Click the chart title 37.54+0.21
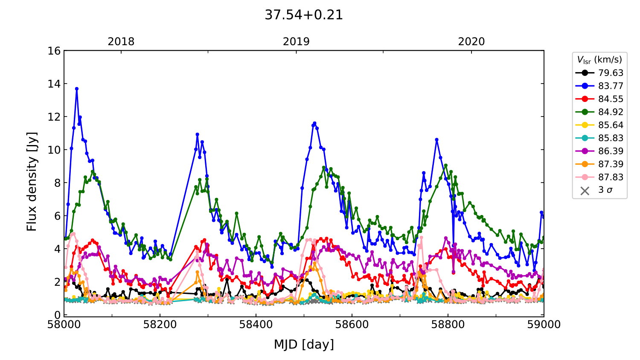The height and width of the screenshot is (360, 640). [x=303, y=15]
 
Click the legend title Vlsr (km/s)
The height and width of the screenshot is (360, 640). [x=599, y=60]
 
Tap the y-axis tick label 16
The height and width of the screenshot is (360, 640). [x=54, y=51]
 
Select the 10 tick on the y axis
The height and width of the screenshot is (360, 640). [x=54, y=150]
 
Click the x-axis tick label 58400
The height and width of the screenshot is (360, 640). [x=256, y=325]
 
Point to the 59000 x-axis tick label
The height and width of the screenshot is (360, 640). [x=544, y=325]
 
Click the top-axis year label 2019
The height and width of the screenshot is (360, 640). [x=296, y=42]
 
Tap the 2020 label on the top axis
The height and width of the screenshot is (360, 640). [x=471, y=42]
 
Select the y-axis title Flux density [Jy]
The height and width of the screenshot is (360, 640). [x=32, y=182]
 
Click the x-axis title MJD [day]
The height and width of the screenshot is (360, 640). [x=304, y=344]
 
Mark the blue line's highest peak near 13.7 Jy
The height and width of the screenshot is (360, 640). [x=77, y=89]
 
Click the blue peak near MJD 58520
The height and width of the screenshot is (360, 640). [x=314, y=123]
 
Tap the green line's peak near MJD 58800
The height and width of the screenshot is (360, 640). [x=446, y=165]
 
